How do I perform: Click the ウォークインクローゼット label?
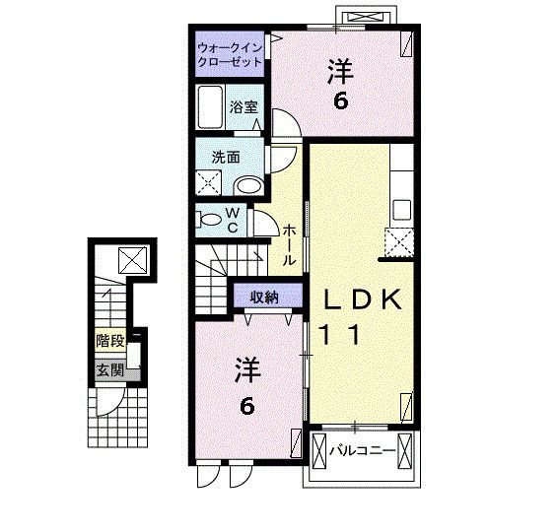click(x=230, y=54)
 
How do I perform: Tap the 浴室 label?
click(x=244, y=106)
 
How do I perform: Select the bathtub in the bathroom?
click(x=210, y=106)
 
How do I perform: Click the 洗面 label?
click(x=226, y=158)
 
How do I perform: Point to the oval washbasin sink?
click(x=248, y=186)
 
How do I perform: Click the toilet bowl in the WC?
click(x=210, y=219)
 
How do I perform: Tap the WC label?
click(x=233, y=220)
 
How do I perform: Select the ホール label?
click(x=289, y=245)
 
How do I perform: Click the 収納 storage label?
click(x=263, y=298)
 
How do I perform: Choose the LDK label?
click(x=363, y=299)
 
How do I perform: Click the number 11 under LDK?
click(x=340, y=335)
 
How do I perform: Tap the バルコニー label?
click(x=362, y=451)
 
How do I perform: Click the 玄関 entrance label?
click(x=110, y=370)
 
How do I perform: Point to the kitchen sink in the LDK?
click(x=402, y=210)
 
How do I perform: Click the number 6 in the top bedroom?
click(x=340, y=101)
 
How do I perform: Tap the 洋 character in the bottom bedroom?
click(x=247, y=369)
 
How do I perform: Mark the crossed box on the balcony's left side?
click(x=318, y=450)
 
